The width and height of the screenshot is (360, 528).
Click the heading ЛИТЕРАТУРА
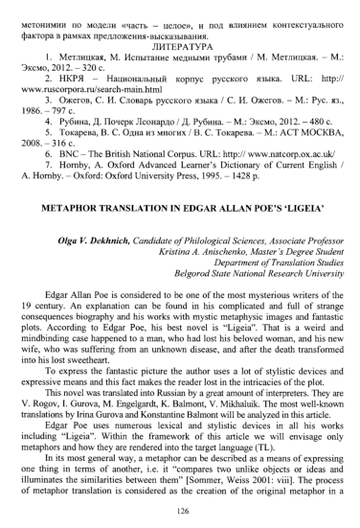(x=179, y=43)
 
